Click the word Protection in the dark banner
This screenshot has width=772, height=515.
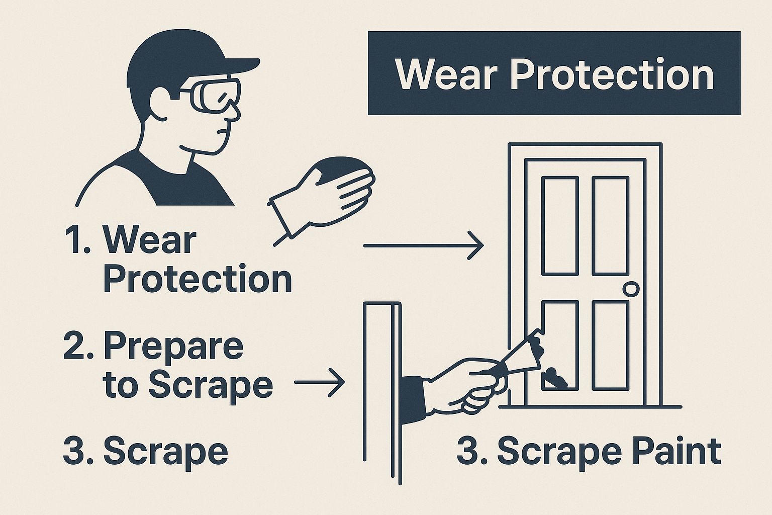[x=611, y=74]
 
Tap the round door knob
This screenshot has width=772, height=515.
[x=631, y=289]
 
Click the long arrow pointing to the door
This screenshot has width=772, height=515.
[x=424, y=245]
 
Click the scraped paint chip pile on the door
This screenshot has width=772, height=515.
[x=555, y=379]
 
